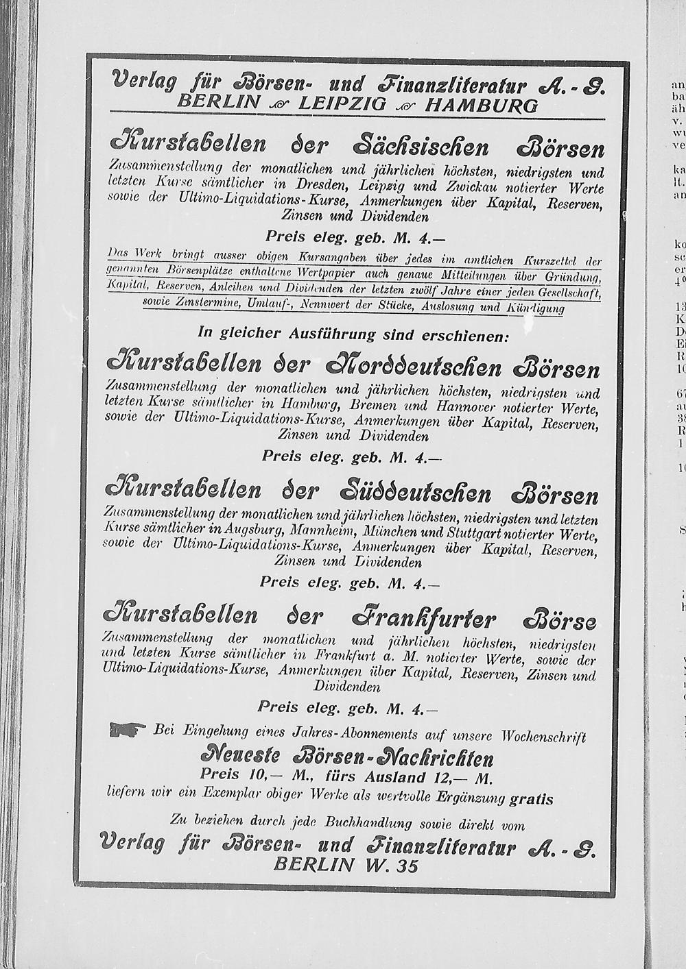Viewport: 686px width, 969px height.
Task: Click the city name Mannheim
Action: [318, 532]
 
